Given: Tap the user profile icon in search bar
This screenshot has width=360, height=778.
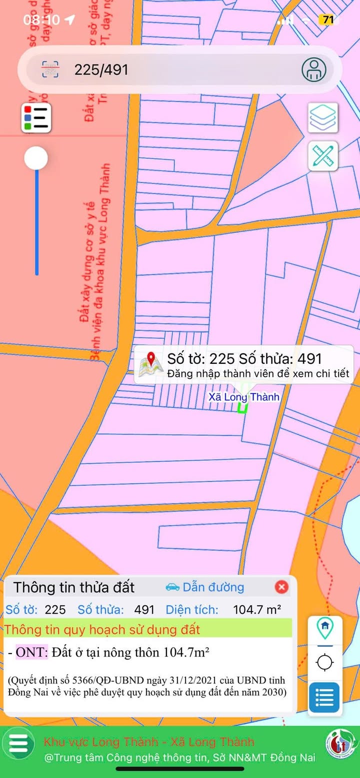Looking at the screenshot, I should click(313, 69).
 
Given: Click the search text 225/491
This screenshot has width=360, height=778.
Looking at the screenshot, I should click(101, 70).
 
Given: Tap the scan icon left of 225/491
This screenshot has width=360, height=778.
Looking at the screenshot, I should click(50, 69).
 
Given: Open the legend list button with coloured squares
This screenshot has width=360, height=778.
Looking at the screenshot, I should click(36, 118).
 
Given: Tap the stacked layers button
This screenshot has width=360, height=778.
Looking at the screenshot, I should click(323, 117).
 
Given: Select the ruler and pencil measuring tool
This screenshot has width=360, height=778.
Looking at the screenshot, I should click(323, 156).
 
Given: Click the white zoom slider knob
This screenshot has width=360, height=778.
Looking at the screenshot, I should click(36, 158).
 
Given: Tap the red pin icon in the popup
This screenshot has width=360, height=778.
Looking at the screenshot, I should click(151, 364).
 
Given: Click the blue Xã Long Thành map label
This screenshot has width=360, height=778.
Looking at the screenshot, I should click(243, 397).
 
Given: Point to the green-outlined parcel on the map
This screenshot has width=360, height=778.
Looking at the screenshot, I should click(242, 407).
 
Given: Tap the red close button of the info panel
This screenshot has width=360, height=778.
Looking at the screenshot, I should click(281, 587).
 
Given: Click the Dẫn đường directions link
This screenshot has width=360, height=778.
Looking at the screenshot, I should click(205, 587).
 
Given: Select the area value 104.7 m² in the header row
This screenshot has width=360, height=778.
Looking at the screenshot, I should click(257, 610).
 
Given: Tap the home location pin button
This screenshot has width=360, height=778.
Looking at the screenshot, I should click(325, 628).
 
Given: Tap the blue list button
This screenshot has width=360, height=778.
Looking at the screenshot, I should click(324, 697).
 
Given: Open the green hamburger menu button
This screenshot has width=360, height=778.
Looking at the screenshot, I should click(18, 744).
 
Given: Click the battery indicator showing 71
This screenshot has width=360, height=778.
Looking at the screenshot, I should click(328, 20).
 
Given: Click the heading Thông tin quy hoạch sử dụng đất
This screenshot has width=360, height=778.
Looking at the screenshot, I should click(102, 630).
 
